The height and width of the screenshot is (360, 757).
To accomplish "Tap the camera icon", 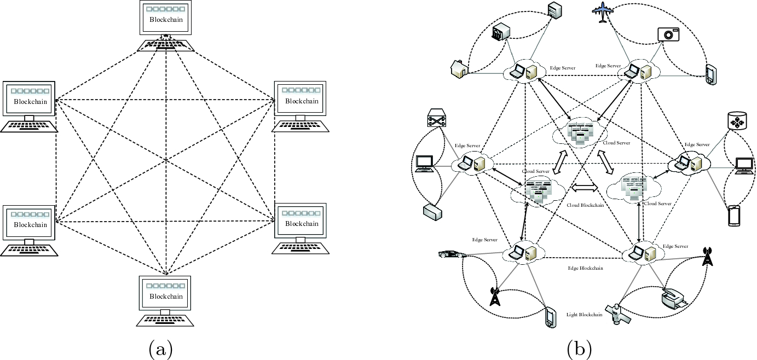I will point(668,33).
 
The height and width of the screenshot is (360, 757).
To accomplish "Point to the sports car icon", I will point(452,254).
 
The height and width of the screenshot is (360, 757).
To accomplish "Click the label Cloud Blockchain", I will point(585,206).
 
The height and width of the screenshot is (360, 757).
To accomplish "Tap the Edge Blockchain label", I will point(585,268).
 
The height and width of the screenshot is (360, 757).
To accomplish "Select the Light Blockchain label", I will point(584,315).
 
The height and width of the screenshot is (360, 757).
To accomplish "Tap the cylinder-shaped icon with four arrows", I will point(736,122).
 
